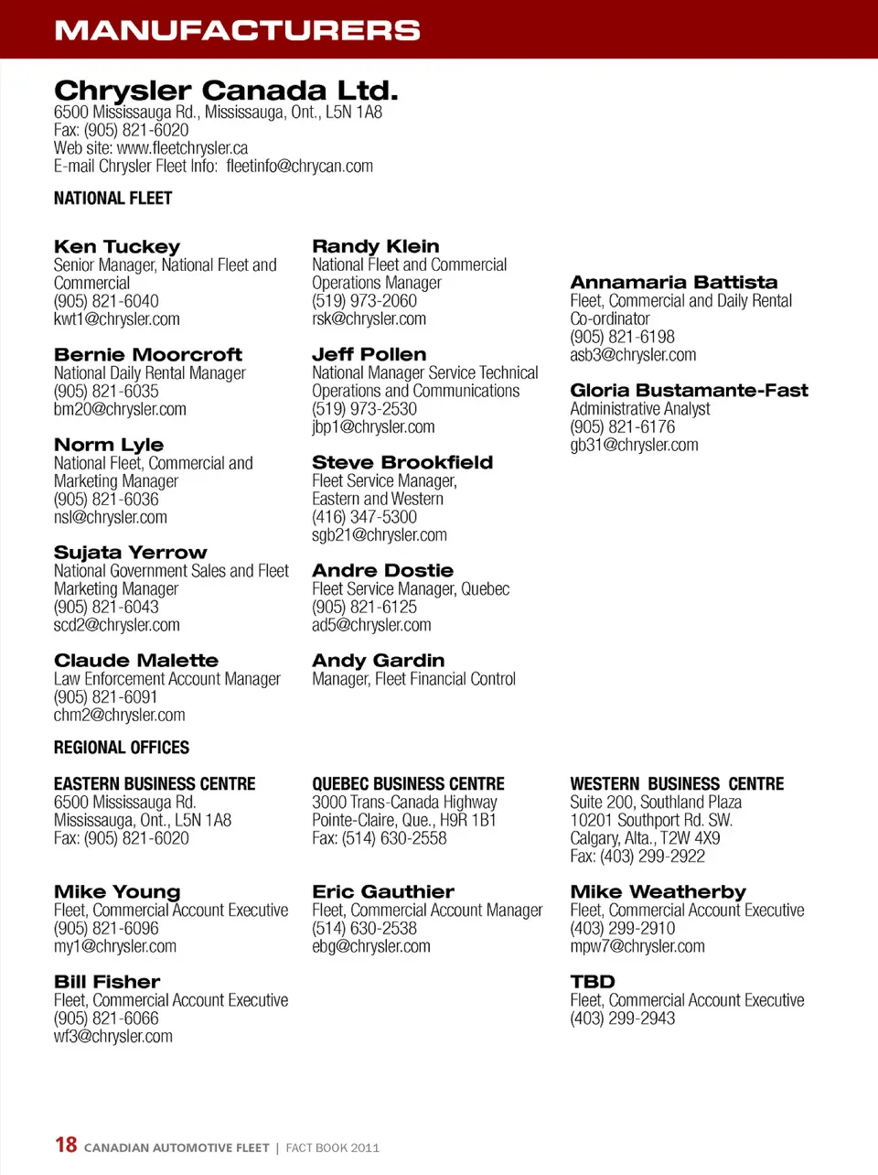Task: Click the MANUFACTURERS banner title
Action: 237,30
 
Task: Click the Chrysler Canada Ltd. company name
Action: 226,91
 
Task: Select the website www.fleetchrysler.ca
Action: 182,148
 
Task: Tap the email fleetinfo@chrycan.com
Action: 299,167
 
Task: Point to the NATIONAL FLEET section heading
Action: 112,199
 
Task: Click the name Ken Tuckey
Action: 117,247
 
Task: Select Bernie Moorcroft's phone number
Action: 106,392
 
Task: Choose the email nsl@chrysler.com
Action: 110,518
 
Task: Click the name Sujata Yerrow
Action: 130,553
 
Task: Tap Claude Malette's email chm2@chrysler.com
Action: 119,716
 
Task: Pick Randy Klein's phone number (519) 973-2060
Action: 364,301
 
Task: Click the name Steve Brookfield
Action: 402,463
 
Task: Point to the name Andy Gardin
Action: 378,661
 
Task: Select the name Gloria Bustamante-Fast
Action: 689,391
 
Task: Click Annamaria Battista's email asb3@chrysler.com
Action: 633,355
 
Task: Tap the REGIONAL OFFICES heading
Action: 122,748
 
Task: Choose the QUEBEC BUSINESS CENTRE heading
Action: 408,784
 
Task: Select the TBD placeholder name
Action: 593,982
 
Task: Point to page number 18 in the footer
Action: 66,1145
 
